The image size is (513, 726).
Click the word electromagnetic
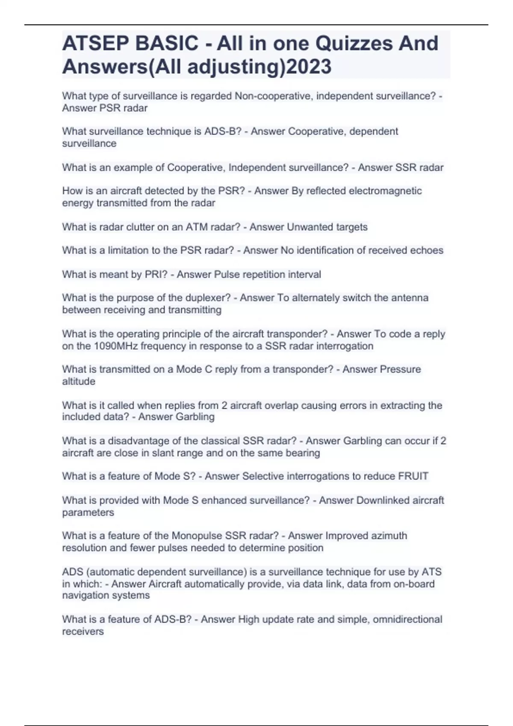[x=385, y=191]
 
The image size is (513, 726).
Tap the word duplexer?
[x=209, y=298]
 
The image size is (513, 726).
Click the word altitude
[x=79, y=381]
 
